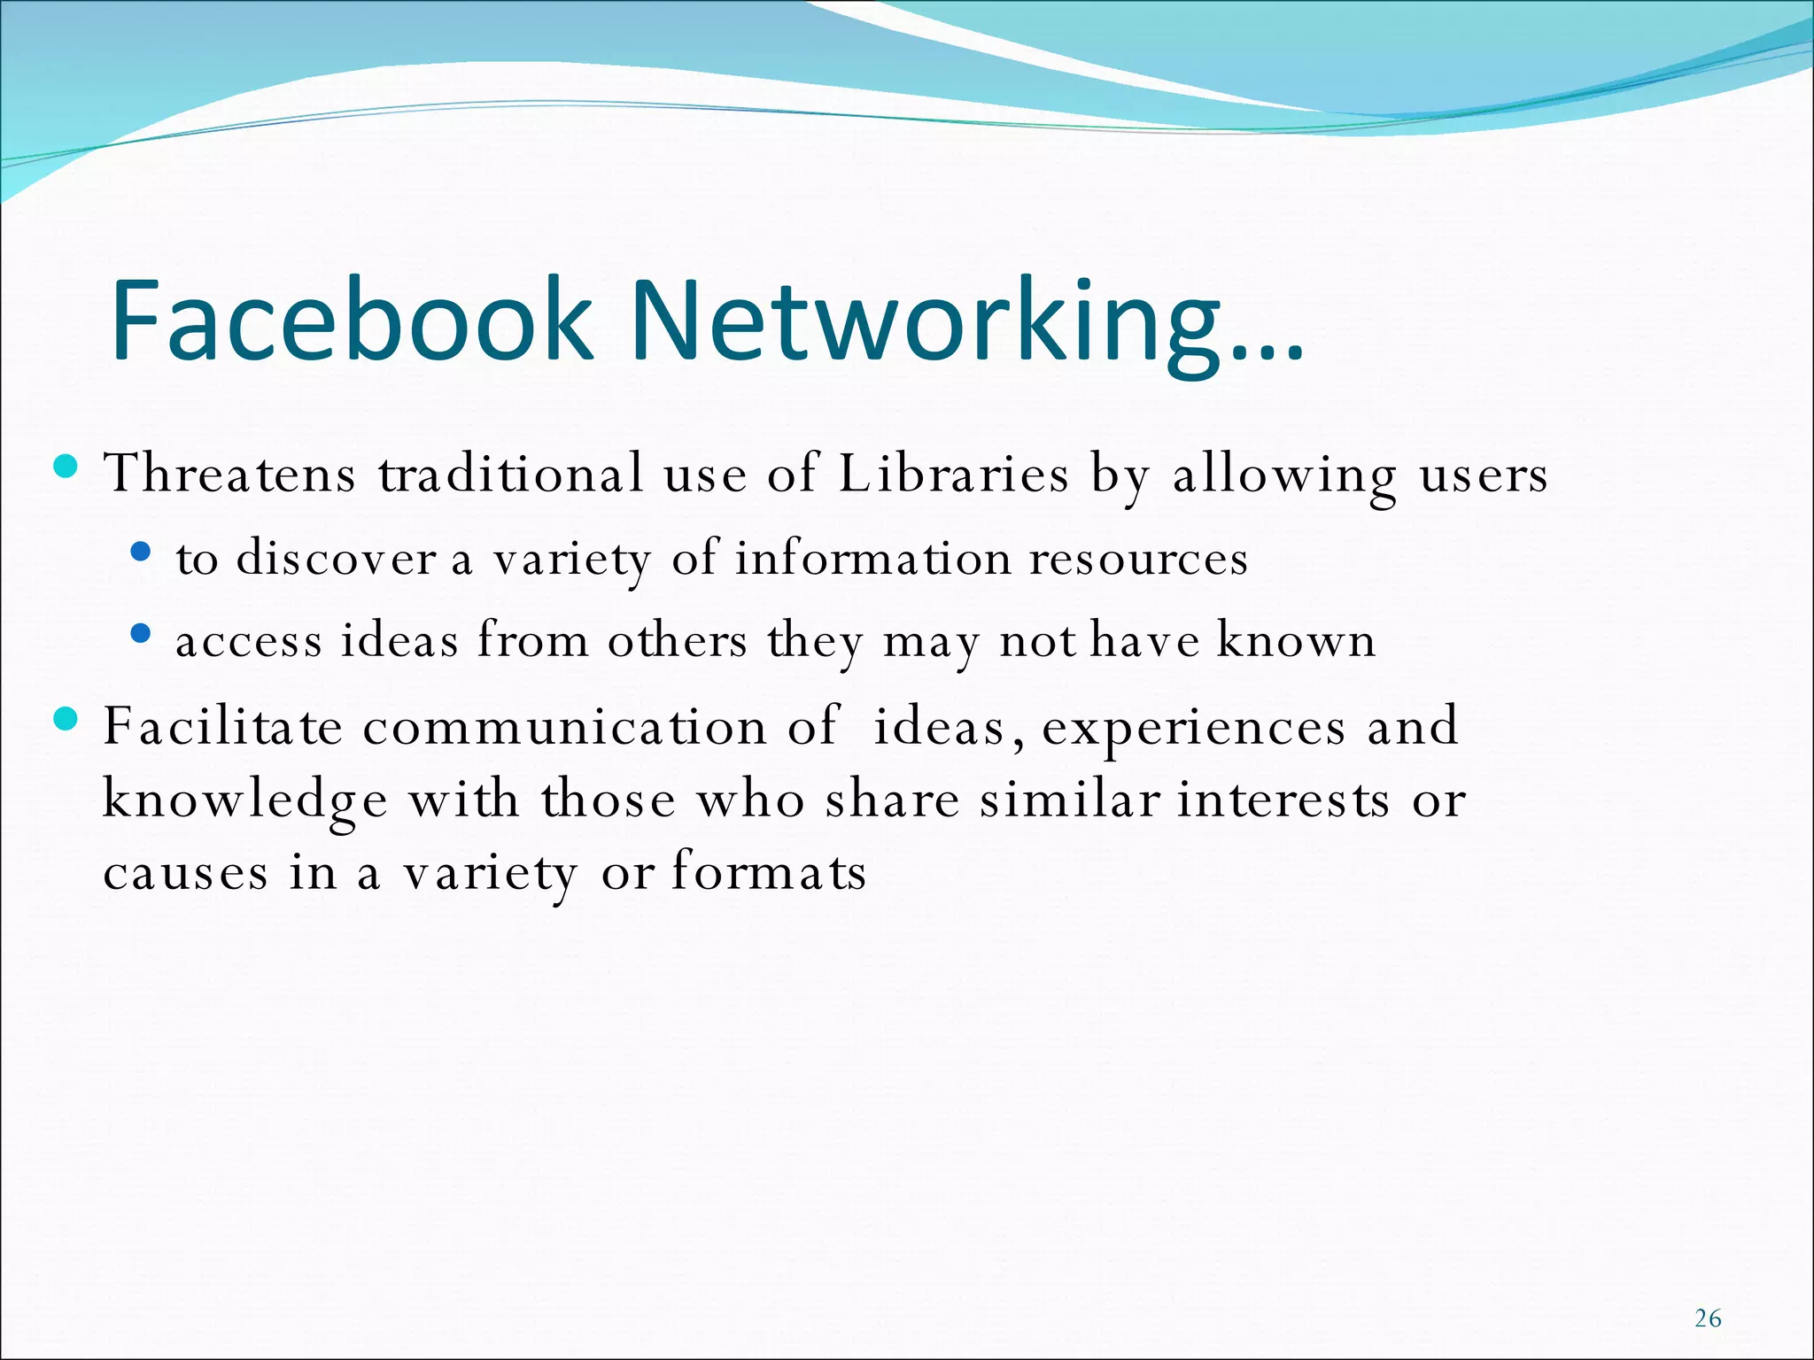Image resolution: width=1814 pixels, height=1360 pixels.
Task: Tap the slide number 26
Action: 1708,1318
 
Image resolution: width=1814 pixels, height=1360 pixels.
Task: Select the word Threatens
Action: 230,473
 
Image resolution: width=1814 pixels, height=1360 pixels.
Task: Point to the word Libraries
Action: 953,473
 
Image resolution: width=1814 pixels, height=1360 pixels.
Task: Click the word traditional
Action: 511,473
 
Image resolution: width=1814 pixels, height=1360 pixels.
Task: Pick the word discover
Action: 337,559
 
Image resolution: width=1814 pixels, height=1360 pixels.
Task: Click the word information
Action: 872,559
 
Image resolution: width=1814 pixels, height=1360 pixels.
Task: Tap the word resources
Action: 1138,559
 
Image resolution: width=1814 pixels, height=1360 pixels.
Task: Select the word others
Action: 677,640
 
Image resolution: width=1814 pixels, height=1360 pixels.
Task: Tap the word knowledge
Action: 244,801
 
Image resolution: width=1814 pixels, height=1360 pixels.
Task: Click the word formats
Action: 768,871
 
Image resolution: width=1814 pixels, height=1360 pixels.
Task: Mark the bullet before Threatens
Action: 66,465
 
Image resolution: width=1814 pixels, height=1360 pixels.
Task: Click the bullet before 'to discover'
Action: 140,552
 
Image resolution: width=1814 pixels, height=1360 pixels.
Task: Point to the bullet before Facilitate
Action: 66,718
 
